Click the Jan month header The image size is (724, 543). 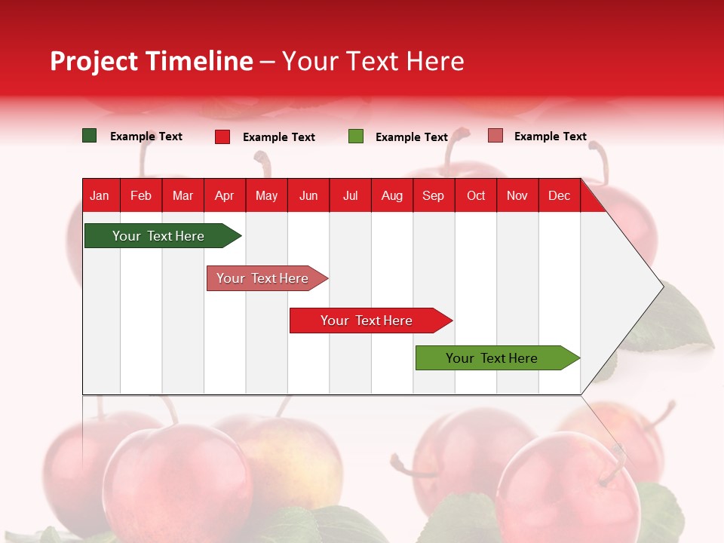click(100, 196)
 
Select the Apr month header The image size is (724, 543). click(225, 196)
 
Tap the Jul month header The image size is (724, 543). click(350, 196)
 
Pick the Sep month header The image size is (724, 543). click(433, 196)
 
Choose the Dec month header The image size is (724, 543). click(559, 196)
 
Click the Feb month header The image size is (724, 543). click(141, 196)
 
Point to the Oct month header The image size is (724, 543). click(476, 196)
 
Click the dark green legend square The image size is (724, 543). click(90, 136)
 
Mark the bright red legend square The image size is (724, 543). click(222, 137)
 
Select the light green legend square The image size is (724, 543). click(356, 137)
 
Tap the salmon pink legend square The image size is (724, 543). click(495, 136)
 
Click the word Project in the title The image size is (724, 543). click(94, 61)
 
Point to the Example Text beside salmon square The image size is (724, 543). click(550, 137)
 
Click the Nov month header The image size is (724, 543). click(517, 196)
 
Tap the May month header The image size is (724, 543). click(266, 196)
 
